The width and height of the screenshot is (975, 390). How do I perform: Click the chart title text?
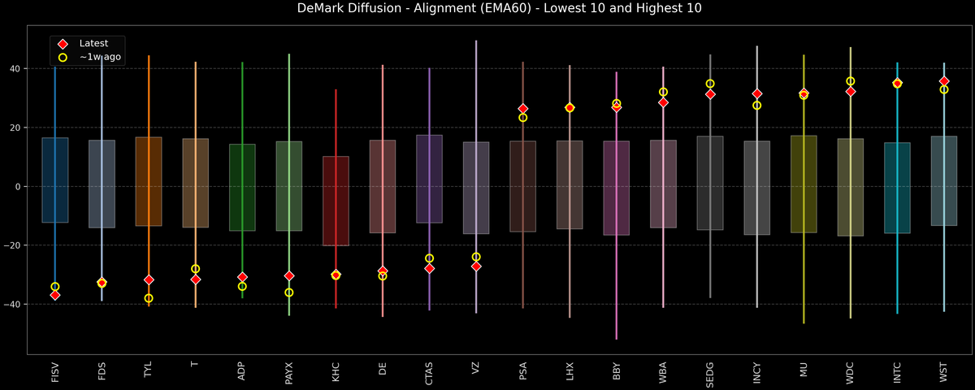[487, 9]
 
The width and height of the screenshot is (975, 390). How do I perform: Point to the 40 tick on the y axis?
[15, 69]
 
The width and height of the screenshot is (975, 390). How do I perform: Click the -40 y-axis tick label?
[13, 304]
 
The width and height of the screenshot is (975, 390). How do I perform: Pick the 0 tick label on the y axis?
[19, 187]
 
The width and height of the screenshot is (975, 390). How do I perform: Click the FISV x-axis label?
[55, 371]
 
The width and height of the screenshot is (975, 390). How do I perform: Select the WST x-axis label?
[944, 371]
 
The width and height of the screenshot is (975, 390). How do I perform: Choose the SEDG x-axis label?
[710, 372]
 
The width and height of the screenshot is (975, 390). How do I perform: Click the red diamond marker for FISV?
[55, 295]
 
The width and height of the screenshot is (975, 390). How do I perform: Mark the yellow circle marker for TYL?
[149, 298]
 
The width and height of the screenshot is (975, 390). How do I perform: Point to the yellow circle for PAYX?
[289, 292]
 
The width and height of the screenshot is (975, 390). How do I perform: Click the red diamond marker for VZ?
[476, 266]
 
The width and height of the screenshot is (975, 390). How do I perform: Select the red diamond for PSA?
[523, 109]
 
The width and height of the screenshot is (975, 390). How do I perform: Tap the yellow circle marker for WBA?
[663, 93]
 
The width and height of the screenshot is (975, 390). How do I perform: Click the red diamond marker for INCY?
[757, 94]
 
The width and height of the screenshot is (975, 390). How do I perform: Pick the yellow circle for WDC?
[851, 81]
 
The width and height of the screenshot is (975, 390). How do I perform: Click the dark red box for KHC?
[336, 201]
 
